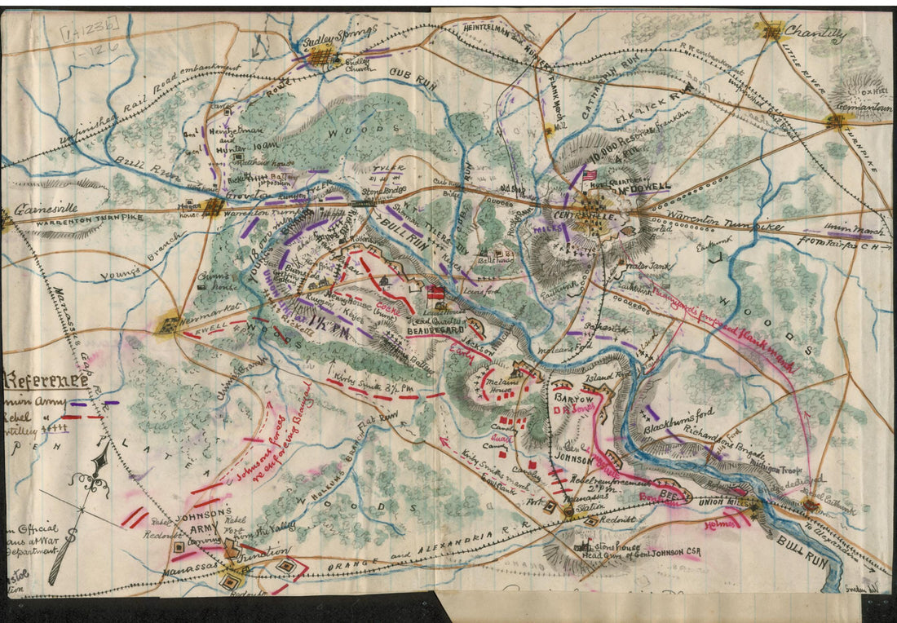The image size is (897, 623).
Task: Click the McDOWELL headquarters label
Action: click(x=644, y=188)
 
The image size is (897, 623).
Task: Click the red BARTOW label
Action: click(x=570, y=397)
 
